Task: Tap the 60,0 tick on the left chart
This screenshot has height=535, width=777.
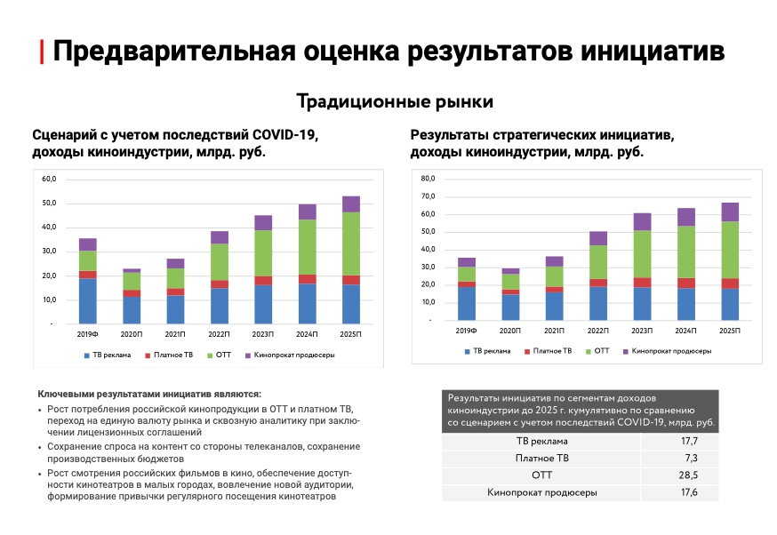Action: point(48,180)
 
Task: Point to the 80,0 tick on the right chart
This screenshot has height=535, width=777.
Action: point(428,180)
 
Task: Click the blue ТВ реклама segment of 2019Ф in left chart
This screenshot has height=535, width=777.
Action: point(87,300)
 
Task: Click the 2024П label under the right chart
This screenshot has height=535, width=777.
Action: point(685,331)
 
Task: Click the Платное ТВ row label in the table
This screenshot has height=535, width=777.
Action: point(541,459)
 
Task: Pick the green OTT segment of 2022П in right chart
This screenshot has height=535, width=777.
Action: point(598,262)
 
